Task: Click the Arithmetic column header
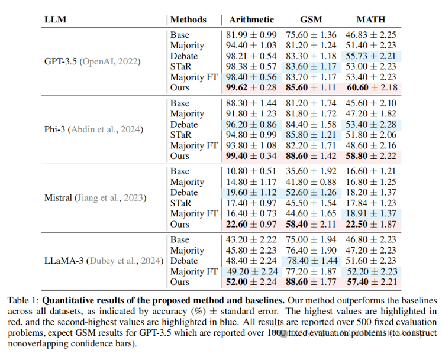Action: (x=253, y=20)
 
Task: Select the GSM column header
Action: (x=312, y=20)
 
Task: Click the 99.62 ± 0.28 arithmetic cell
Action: (x=252, y=87)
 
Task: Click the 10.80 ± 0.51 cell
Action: (x=252, y=171)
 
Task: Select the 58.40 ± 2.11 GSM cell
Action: (x=311, y=225)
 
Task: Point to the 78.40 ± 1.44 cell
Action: (x=311, y=261)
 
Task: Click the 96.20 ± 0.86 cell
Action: (x=252, y=125)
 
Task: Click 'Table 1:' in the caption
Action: (x=23, y=300)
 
